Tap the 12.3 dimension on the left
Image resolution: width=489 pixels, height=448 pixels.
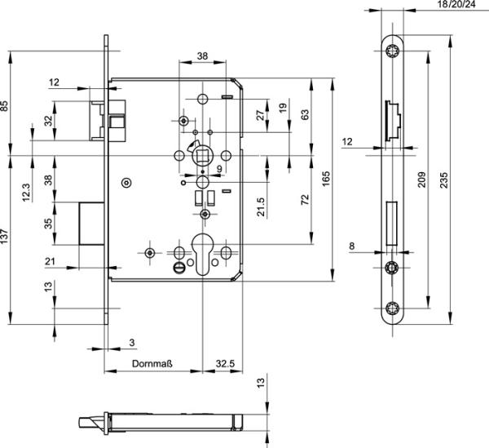(x=26, y=191)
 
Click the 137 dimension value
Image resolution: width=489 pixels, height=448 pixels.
(x=6, y=237)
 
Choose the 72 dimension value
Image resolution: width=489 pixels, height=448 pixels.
(x=305, y=199)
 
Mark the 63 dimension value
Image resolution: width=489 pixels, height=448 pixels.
(x=305, y=114)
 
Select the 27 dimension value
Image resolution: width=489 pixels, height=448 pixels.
(x=260, y=114)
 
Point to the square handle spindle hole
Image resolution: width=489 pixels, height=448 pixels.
(x=201, y=153)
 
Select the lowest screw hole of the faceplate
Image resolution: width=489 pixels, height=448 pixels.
(x=393, y=308)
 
